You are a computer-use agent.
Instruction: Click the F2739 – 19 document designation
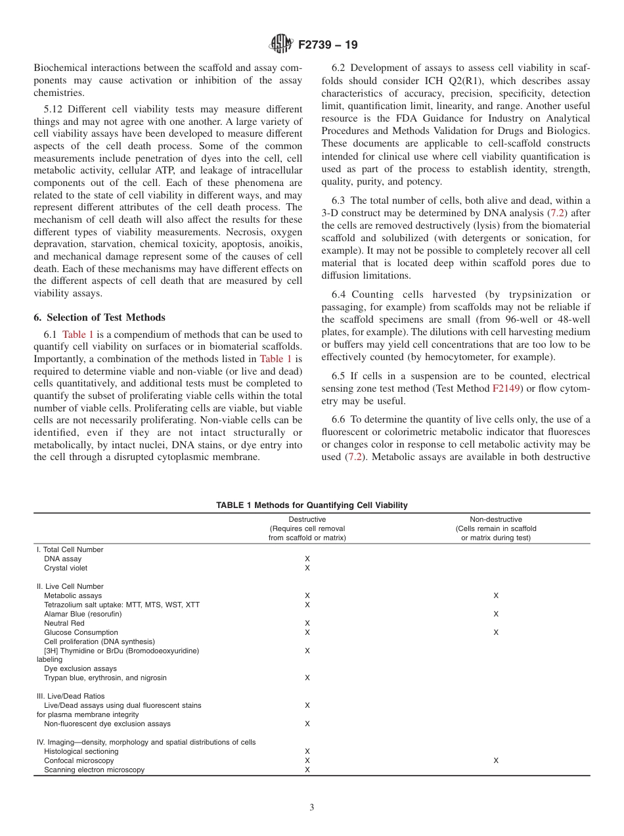[x=328, y=45]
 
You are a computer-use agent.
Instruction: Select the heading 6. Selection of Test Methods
[x=99, y=317]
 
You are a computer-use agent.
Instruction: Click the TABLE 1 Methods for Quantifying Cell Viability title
[x=311, y=505]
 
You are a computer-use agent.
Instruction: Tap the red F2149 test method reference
[x=504, y=388]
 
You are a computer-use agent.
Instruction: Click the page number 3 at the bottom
[x=312, y=807]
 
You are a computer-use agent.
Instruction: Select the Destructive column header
[x=307, y=519]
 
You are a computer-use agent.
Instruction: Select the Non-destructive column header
[x=496, y=519]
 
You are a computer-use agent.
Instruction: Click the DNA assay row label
[x=62, y=559]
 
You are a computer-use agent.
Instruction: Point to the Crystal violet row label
[x=66, y=568]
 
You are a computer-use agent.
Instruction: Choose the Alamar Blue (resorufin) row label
[x=83, y=614]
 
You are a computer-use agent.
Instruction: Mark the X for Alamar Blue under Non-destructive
[x=496, y=614]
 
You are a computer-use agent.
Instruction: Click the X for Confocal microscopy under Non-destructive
[x=496, y=760]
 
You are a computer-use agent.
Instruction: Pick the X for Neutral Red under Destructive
[x=307, y=623]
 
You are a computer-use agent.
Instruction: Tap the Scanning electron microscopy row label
[x=94, y=770]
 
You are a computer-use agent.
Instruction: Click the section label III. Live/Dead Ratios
[x=70, y=695]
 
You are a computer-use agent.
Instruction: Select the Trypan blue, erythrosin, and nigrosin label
[x=105, y=678]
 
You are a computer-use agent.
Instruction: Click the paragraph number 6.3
[x=339, y=200]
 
